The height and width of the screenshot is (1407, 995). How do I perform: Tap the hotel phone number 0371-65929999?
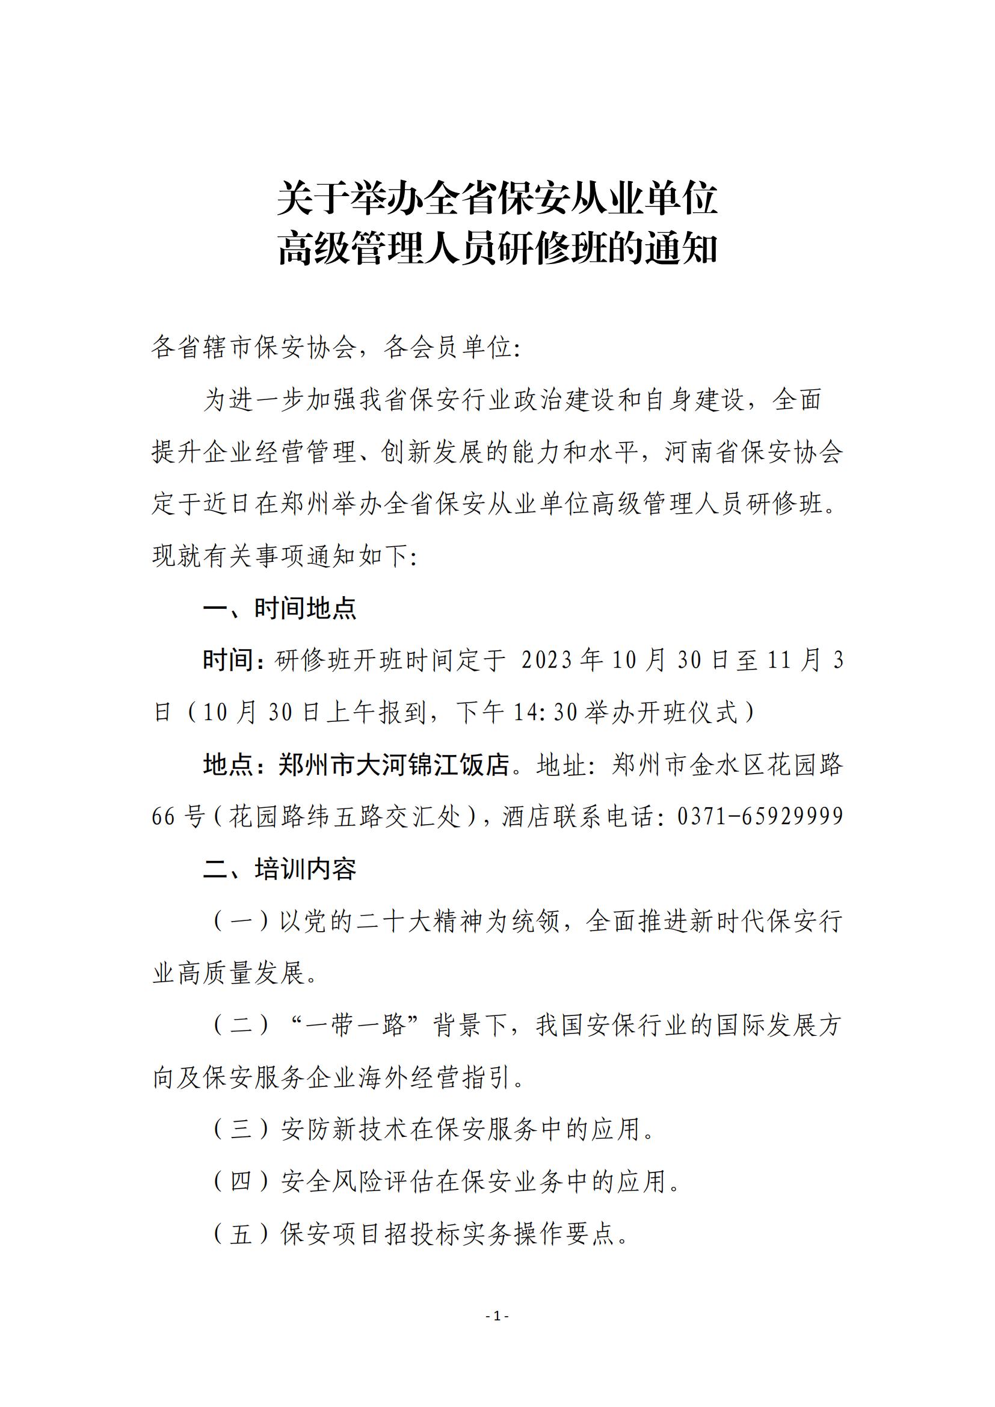click(760, 816)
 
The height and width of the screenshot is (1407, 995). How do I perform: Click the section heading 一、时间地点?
click(279, 608)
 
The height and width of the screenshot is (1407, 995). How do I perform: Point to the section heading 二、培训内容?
click(279, 869)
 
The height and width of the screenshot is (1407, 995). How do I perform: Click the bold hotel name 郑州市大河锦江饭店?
click(394, 764)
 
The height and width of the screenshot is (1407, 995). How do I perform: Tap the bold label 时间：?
click(229, 660)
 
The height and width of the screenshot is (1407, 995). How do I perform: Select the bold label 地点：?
click(229, 764)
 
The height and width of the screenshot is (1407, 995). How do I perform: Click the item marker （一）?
click(241, 921)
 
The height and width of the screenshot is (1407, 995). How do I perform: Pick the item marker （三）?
click(241, 1128)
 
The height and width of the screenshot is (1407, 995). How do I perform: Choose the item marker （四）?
click(241, 1181)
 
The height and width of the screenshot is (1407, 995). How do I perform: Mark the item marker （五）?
click(241, 1233)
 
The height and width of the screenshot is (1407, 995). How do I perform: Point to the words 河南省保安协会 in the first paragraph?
click(754, 452)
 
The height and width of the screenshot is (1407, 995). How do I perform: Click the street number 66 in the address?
click(164, 816)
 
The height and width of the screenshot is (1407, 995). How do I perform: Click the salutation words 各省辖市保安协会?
click(254, 348)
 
